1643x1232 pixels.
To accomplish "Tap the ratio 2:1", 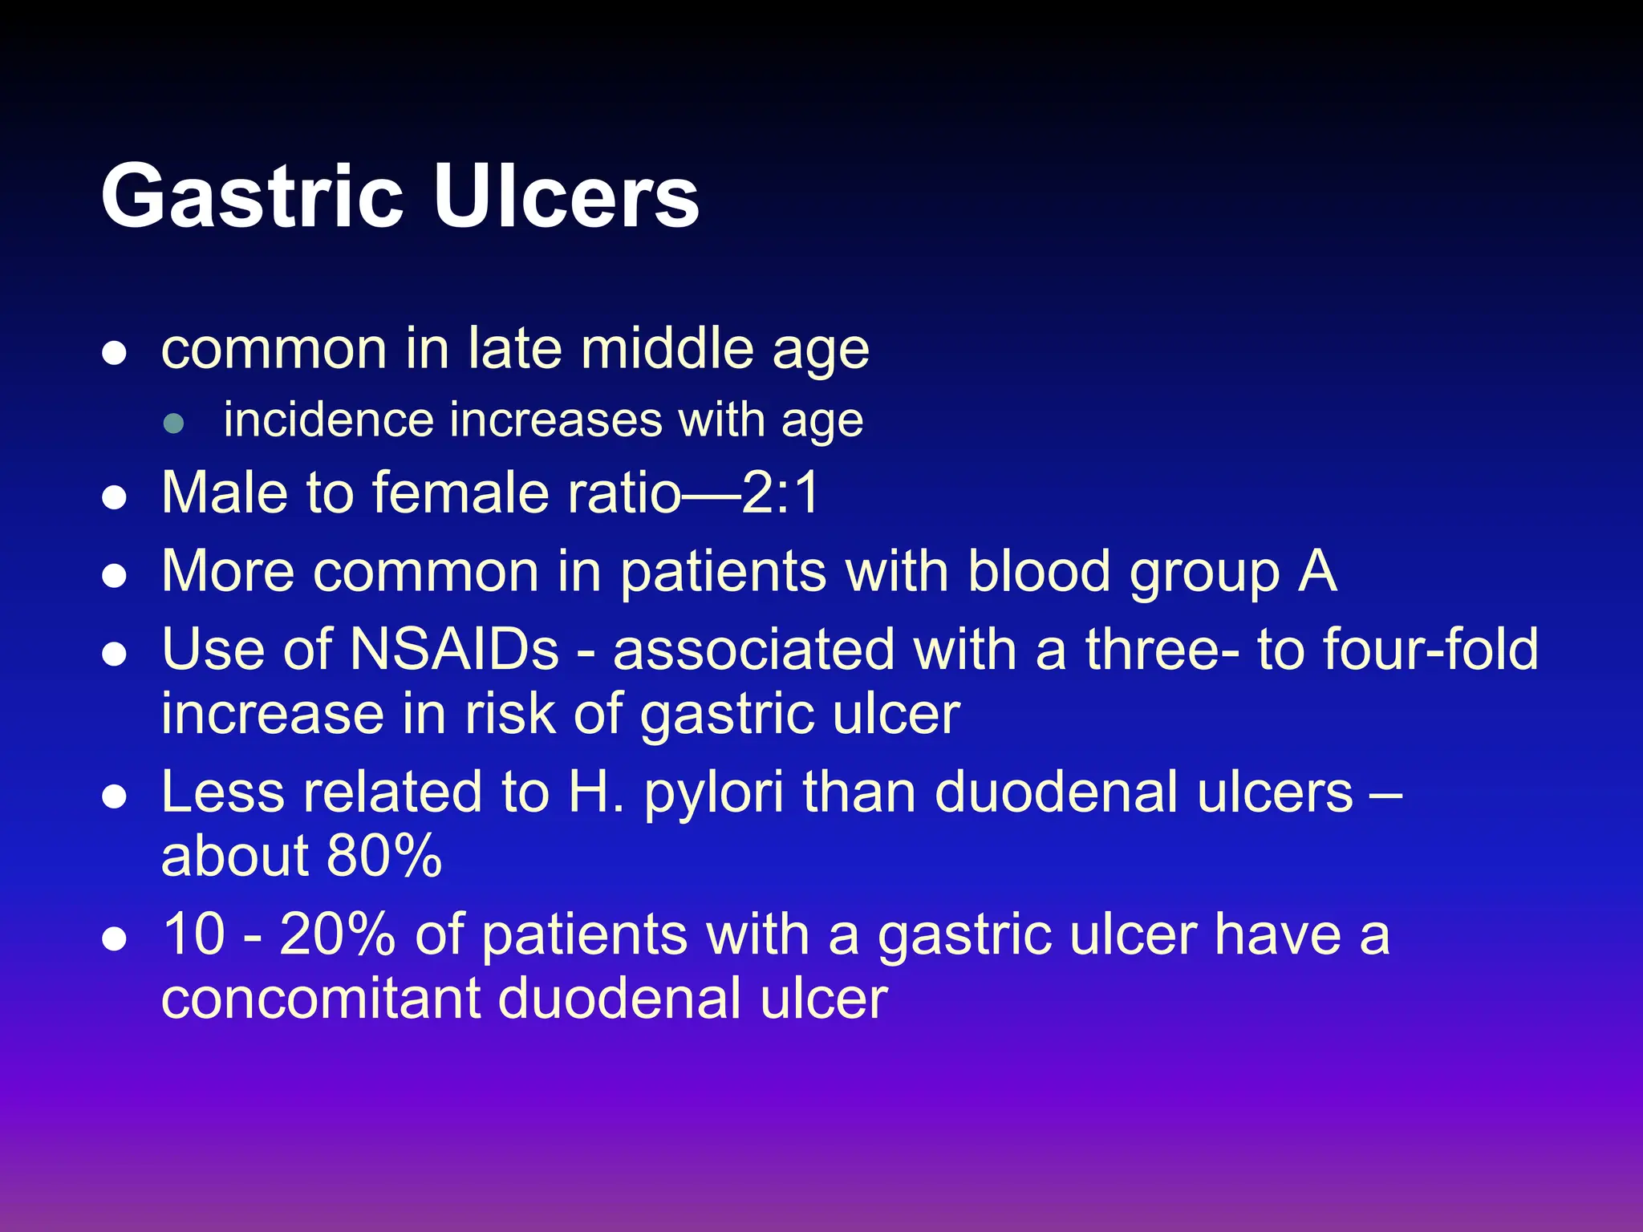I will pyautogui.click(x=780, y=492).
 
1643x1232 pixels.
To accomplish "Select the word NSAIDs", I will pyautogui.click(x=454, y=650).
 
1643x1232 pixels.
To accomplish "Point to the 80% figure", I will pyautogui.click(x=384, y=856).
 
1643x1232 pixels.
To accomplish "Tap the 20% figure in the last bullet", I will pyautogui.click(x=337, y=935).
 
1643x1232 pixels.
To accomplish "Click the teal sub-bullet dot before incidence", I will pyautogui.click(x=174, y=423).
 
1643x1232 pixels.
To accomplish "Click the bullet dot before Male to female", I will pyautogui.click(x=115, y=497).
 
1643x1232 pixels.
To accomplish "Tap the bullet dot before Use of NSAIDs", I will pyautogui.click(x=115, y=654).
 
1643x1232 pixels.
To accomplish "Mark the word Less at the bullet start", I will pyautogui.click(x=222, y=792).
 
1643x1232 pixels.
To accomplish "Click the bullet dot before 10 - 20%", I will pyautogui.click(x=115, y=939).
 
